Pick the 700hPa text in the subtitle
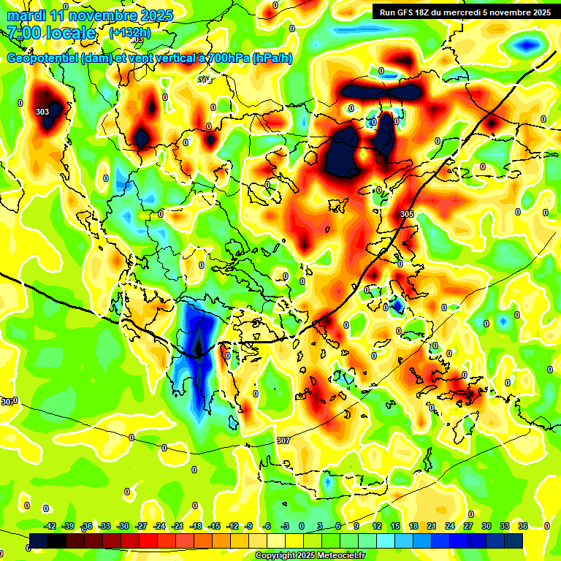click(224, 58)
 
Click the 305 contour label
click(408, 214)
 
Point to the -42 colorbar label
click(50, 526)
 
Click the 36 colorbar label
click(523, 526)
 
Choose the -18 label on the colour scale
click(196, 526)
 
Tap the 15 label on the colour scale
click(395, 526)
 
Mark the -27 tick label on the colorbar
click(141, 526)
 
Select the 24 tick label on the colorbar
click(450, 526)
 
